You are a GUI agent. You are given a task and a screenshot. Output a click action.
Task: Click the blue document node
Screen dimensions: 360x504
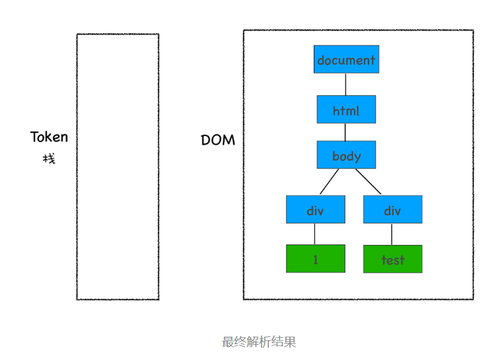pos(346,60)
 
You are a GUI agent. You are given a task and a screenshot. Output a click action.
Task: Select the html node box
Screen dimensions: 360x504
pos(346,109)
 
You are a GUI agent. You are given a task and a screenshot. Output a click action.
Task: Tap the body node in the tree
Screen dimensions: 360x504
pos(346,155)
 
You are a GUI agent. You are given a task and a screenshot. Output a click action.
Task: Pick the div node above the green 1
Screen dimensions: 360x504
pos(315,209)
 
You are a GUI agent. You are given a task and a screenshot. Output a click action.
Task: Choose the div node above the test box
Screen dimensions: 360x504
pos(392,209)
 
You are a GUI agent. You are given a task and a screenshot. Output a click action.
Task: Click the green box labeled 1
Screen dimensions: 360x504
pos(315,258)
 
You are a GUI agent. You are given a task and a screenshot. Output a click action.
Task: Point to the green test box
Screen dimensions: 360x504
pos(392,259)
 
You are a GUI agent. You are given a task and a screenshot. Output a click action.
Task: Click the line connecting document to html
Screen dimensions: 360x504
pos(345,85)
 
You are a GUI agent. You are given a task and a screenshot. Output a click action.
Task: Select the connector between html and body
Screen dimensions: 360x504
pos(345,132)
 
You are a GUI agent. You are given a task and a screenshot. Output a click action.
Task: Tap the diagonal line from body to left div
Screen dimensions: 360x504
pos(329,181)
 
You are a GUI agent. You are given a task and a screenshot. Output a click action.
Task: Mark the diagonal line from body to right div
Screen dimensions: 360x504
pos(368,181)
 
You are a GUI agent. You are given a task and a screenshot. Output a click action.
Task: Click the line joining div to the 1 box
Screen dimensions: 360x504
pos(315,234)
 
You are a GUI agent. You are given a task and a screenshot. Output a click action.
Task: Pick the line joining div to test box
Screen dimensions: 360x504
pos(391,234)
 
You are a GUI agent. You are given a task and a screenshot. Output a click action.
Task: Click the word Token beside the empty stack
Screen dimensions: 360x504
pos(49,137)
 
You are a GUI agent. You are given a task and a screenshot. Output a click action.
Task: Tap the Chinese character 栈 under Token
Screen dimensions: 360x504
pos(49,158)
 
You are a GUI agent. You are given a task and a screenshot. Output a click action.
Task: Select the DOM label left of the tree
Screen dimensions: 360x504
pos(218,140)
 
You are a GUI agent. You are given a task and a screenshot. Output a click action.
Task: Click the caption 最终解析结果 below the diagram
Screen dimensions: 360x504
pos(259,342)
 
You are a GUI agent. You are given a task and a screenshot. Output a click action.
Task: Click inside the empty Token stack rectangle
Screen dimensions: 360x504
pos(117,166)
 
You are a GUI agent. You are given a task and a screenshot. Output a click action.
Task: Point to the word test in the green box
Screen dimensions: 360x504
pos(393,260)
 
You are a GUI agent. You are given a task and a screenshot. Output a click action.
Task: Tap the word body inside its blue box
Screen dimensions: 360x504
pos(346,156)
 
